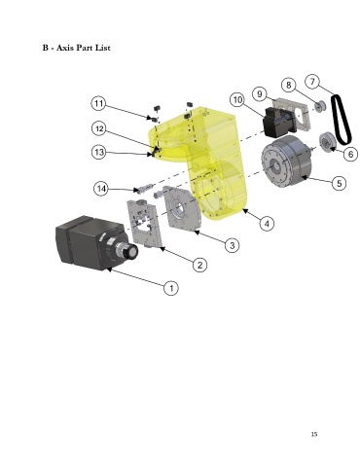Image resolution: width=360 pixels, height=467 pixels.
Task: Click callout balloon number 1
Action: tap(171, 288)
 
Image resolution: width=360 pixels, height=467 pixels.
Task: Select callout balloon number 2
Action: tap(199, 265)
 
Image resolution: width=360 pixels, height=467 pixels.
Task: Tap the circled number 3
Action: tap(232, 245)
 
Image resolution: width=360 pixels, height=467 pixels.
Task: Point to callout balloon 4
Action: tap(267, 224)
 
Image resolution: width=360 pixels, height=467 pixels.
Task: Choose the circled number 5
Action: tap(339, 183)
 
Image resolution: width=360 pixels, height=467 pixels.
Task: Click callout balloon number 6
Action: tap(350, 154)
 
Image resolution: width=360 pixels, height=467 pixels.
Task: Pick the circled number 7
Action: tap(312, 81)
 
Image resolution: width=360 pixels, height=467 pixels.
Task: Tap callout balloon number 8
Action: tap(288, 85)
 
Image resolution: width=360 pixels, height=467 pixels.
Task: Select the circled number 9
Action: tap(260, 94)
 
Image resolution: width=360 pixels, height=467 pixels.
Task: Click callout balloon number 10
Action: tap(237, 99)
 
